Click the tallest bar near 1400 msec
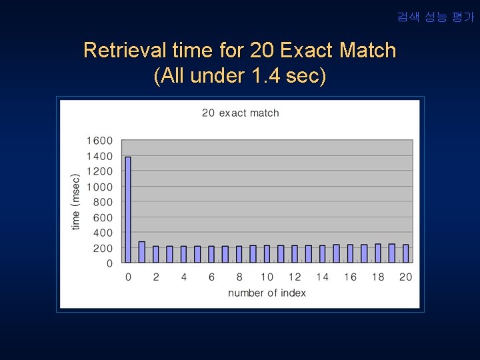click(128, 209)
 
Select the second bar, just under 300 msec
click(142, 252)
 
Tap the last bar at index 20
click(405, 253)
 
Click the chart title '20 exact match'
click(241, 113)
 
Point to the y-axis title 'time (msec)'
click(76, 202)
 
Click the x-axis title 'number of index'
click(267, 293)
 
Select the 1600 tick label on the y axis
click(99, 141)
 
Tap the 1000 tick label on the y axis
click(99, 187)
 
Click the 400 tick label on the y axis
click(102, 233)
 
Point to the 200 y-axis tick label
click(102, 248)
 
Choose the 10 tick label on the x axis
click(267, 277)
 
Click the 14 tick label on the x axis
click(322, 277)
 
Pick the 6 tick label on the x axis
click(211, 277)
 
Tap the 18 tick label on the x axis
click(378, 277)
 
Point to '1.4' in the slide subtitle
click(266, 76)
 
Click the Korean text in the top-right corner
click(435, 17)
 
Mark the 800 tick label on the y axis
click(102, 202)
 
